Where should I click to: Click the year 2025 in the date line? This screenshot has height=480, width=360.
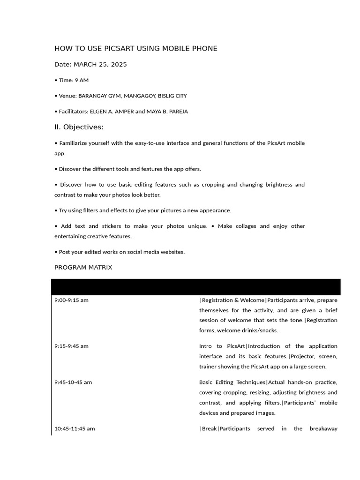118,65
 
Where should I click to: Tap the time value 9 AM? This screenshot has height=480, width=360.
82,80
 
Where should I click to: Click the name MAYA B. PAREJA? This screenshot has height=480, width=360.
167,112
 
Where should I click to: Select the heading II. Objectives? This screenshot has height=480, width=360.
79,127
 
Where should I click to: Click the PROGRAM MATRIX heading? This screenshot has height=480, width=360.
83,268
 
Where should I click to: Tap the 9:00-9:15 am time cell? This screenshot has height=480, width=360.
71,300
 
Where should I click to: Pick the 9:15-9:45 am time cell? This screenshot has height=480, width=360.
71,346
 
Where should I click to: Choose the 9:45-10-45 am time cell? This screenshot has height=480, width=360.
73,382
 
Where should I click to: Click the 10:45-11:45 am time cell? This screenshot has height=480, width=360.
75,428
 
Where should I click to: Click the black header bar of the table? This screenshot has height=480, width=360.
196,286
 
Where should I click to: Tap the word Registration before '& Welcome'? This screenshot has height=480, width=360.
217,300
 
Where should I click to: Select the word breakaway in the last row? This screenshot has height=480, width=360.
323,428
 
